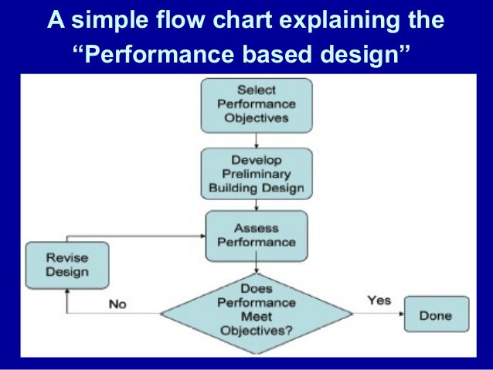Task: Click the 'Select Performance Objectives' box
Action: [257, 105]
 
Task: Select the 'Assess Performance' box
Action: [257, 235]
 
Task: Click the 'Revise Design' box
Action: [66, 265]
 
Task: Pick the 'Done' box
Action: [436, 316]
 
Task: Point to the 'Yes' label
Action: [379, 300]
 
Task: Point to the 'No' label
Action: [117, 304]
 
